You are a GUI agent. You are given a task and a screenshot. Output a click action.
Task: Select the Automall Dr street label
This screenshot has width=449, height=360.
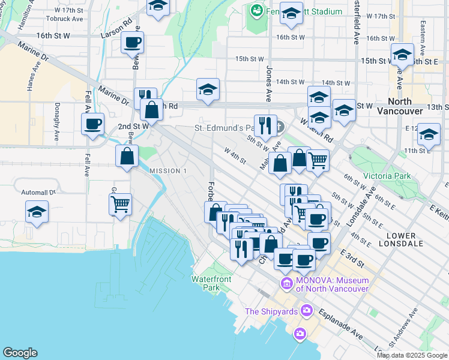tap(38, 193)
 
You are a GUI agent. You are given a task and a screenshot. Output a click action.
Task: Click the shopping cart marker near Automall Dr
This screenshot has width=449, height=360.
tap(121, 204)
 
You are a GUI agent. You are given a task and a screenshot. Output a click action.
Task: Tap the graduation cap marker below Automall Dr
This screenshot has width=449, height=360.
tap(37, 212)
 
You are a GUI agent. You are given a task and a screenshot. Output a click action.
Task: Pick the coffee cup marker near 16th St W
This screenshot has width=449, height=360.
tap(132, 43)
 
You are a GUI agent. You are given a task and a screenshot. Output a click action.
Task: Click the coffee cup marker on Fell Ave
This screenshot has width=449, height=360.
tap(92, 124)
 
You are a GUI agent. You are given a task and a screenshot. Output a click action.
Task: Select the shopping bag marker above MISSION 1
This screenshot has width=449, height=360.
tap(127, 157)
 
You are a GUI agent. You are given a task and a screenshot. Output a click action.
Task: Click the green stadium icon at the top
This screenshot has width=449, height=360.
tap(258, 10)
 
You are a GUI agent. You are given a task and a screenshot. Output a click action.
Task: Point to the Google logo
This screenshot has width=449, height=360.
tap(20, 353)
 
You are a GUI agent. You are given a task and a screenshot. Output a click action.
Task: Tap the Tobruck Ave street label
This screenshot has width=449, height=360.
tap(69, 19)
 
